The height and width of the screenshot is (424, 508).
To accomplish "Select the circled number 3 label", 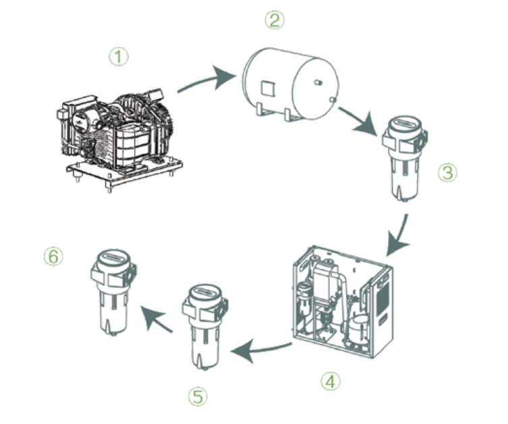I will point(447,173).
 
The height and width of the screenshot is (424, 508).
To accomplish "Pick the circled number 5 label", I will point(197,396).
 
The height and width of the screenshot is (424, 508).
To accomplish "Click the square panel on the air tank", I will point(267,88).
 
